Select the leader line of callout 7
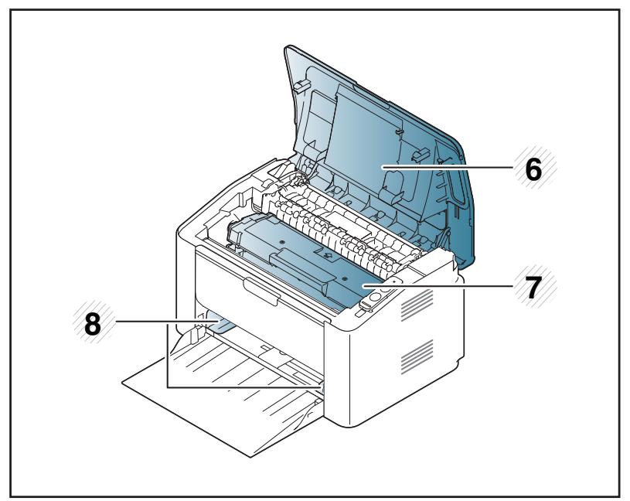448,285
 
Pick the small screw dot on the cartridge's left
282,242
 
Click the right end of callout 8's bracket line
321,384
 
